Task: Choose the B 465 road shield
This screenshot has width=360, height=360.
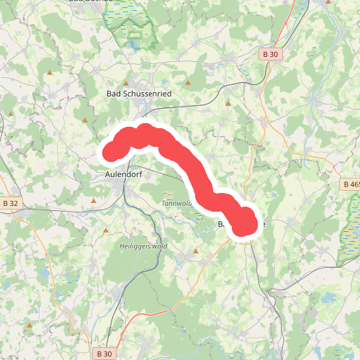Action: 351,185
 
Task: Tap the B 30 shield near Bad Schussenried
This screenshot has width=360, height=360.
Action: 269,54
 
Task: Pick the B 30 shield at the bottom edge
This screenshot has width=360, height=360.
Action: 103,354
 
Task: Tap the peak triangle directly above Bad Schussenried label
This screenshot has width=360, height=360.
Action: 126,84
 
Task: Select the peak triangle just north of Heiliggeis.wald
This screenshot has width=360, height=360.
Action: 106,230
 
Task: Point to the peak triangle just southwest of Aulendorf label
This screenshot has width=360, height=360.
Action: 94,200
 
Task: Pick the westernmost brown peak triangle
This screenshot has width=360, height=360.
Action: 11,113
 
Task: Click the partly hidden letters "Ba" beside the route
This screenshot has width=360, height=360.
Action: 222,225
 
